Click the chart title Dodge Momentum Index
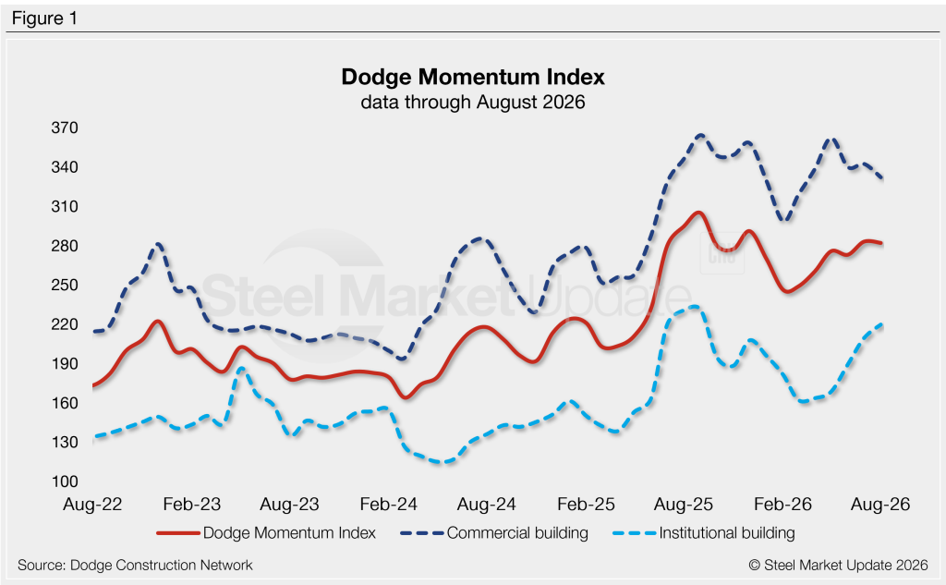tap(473, 78)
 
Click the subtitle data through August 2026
tap(473, 102)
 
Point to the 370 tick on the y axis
tap(65, 128)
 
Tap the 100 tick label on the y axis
tap(65, 481)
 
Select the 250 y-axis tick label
tap(65, 285)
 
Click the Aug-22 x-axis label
tap(93, 505)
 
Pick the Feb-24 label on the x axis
tap(389, 505)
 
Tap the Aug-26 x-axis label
tap(880, 505)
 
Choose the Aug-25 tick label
tap(684, 505)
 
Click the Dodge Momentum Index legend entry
tap(266, 533)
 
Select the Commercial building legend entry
tap(494, 533)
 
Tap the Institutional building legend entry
tap(704, 533)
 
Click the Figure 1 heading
tap(44, 18)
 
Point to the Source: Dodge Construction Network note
tap(135, 565)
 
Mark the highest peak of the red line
tap(698, 213)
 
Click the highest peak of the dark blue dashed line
tap(701, 135)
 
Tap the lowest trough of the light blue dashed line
tap(443, 462)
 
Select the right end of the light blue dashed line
tap(882, 324)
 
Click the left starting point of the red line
tap(93, 385)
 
